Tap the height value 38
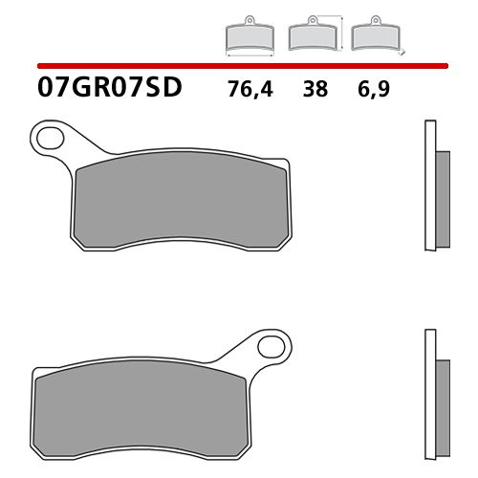tap(315, 91)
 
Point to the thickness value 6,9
tap(376, 91)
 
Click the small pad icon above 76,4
tap(248, 37)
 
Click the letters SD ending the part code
tap(164, 90)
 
